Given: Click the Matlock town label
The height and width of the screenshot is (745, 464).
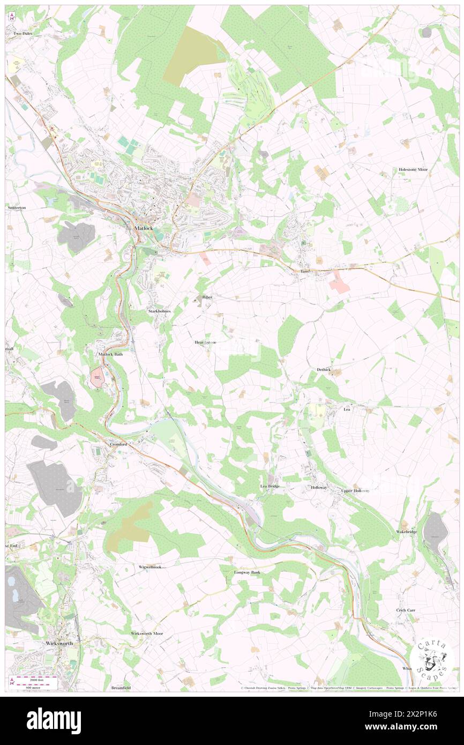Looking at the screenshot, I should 143,228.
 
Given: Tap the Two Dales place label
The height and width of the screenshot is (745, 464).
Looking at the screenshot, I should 23,33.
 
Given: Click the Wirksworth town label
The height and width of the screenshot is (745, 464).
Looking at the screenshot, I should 59,642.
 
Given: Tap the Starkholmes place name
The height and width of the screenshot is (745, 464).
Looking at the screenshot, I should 159,311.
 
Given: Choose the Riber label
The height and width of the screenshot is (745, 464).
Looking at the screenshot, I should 207,296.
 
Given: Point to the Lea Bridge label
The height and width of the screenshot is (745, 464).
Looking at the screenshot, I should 270,486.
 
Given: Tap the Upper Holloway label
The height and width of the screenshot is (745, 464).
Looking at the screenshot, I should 356,490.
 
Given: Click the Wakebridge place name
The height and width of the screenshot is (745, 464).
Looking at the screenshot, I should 407,531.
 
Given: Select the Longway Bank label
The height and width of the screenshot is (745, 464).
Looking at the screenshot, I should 247,572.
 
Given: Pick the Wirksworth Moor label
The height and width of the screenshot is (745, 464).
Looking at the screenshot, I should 147,634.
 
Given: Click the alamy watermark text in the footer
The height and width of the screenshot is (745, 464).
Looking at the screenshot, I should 54,721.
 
